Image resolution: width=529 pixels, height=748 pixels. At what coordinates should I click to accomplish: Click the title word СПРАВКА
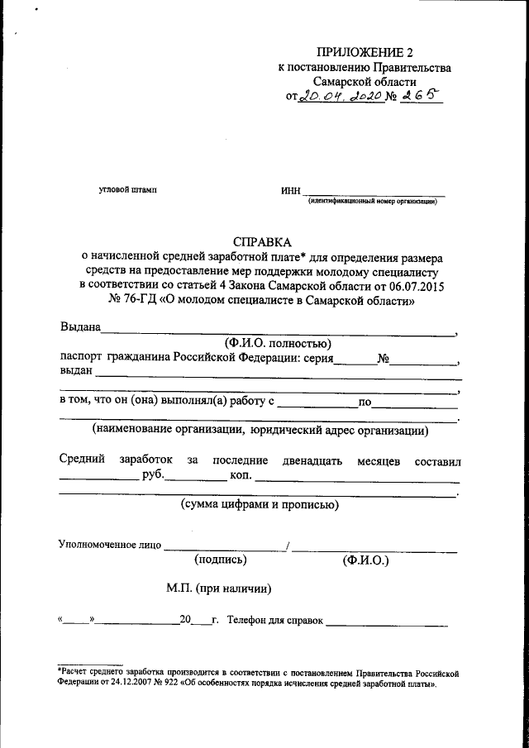262,242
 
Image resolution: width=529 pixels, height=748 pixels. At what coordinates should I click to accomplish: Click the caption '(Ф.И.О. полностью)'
277,342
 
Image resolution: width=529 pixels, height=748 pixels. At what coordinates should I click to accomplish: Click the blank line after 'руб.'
198,477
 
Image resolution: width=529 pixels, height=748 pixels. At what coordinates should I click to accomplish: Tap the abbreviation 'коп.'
241,476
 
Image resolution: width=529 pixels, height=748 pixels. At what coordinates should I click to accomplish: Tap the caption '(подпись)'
221,560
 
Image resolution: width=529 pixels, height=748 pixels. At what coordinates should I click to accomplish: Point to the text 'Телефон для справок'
274,620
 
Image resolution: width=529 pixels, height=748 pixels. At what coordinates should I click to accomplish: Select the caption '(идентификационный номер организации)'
372,202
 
